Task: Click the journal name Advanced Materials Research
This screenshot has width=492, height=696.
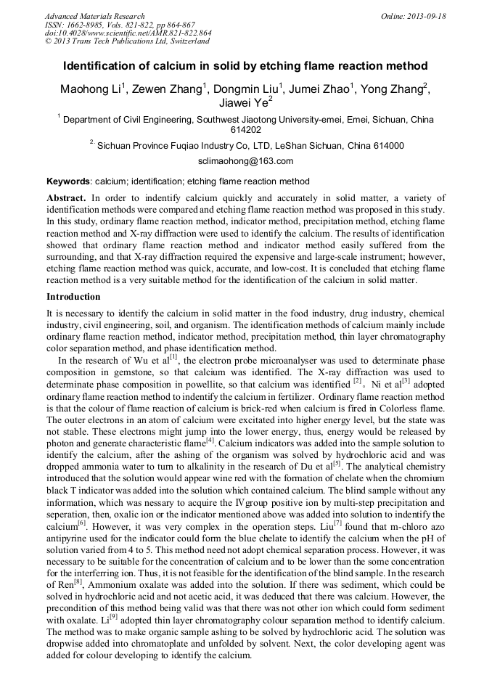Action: pyautogui.click(x=94, y=16)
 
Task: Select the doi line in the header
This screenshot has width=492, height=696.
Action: pyautogui.click(x=128, y=33)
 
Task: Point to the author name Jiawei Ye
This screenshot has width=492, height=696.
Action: pyautogui.click(x=245, y=104)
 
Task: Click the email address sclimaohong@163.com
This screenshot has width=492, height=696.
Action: pyautogui.click(x=245, y=161)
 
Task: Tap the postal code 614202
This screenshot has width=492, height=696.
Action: pyautogui.click(x=245, y=130)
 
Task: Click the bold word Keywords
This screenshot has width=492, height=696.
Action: pyautogui.click(x=68, y=181)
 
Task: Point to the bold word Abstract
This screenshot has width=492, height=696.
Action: pyautogui.click(x=66, y=198)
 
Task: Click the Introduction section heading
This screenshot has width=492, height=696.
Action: pyautogui.click(x=73, y=297)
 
